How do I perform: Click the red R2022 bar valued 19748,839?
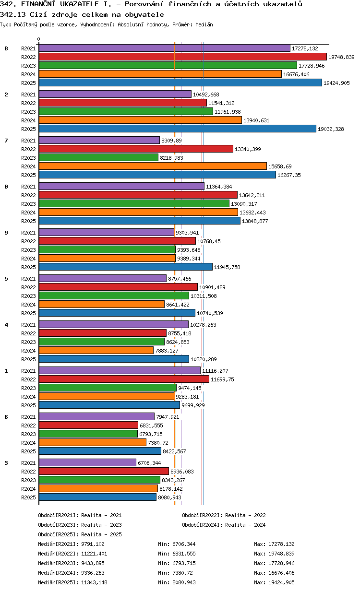point(182,57)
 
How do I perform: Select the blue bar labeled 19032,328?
point(178,129)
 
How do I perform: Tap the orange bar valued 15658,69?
point(153,166)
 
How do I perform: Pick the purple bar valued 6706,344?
point(87,462)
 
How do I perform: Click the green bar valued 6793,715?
point(88,434)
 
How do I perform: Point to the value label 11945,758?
point(227,267)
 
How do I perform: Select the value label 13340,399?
point(248,149)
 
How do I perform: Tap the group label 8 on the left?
point(6,48)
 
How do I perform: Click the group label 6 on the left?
point(6,417)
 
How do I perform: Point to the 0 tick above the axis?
point(39,39)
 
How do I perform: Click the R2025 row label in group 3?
point(28,497)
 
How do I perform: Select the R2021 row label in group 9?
point(28,233)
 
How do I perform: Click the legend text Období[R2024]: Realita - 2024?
point(224,525)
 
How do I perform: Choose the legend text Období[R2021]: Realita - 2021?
point(80,515)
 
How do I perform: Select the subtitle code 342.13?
point(12,14)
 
